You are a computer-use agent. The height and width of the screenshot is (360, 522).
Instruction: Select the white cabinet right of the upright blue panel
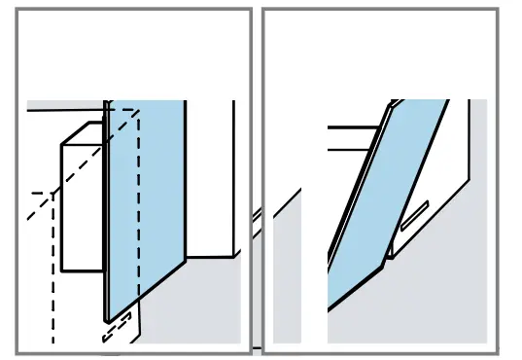click(x=209, y=175)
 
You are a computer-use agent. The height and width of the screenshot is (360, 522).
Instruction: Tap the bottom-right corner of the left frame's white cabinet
click(x=234, y=257)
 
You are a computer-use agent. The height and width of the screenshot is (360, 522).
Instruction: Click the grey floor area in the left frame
click(x=194, y=302)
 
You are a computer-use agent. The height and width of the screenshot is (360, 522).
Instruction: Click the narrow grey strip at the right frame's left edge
click(x=287, y=282)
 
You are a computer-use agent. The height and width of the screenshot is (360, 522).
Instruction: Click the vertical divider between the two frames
click(x=257, y=180)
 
